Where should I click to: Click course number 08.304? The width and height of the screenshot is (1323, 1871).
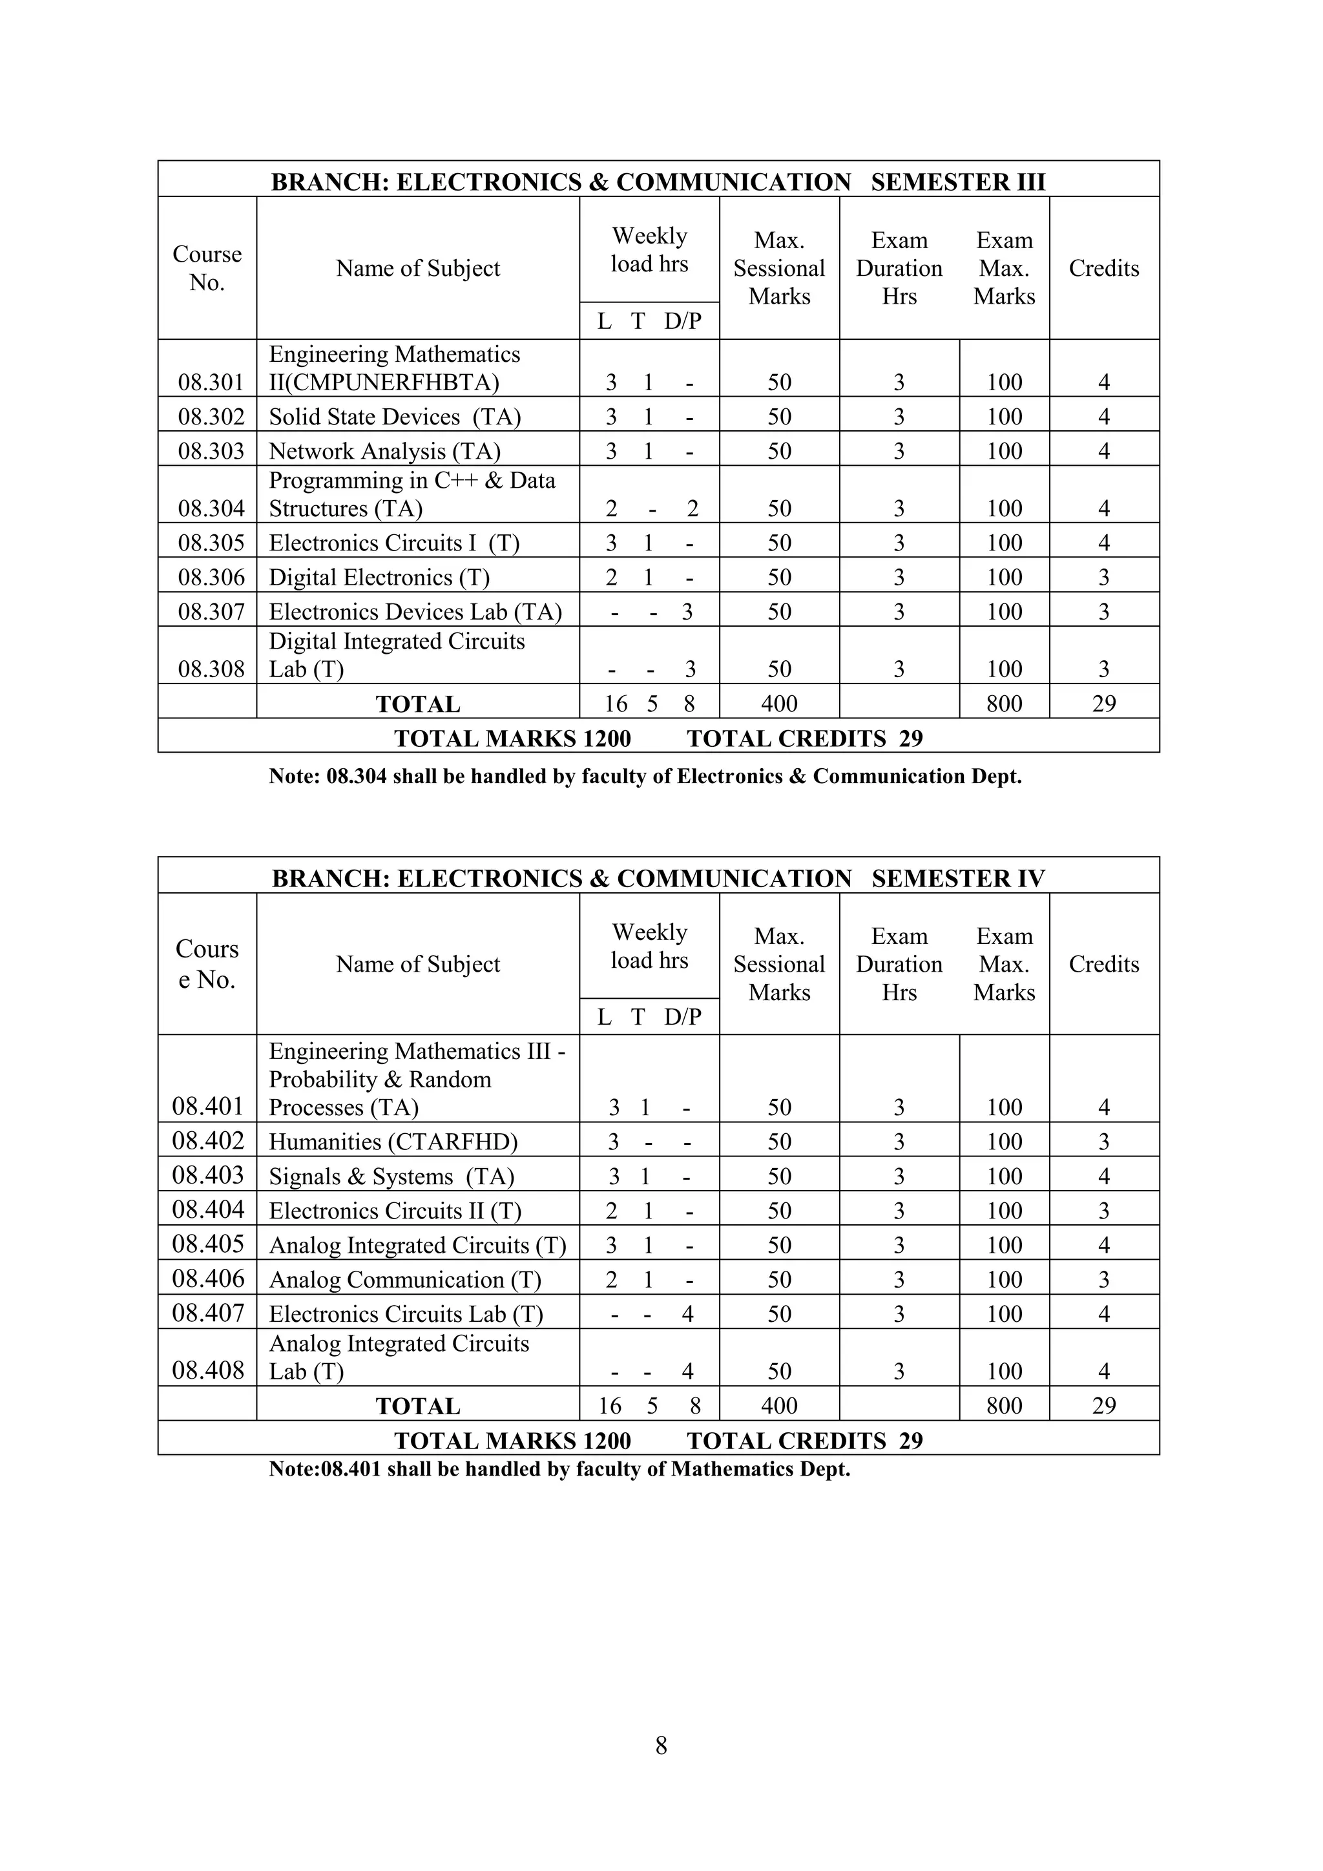(211, 508)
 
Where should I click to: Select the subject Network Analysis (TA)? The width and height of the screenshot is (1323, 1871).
(384, 451)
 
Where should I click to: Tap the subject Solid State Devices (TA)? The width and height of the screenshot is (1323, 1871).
(394, 417)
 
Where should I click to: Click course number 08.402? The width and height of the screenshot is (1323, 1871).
(208, 1140)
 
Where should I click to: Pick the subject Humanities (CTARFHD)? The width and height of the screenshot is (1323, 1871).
(393, 1142)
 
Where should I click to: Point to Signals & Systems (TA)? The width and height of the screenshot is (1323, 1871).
(391, 1176)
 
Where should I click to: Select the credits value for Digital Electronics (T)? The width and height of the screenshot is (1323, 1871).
(1103, 577)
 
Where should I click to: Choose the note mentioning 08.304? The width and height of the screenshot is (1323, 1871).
(645, 776)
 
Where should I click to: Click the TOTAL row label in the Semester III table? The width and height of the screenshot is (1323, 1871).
(418, 704)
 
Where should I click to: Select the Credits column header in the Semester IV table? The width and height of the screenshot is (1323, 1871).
(1103, 964)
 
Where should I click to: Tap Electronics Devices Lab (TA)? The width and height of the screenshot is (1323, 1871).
(415, 611)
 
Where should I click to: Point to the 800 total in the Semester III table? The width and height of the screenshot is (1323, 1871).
(1004, 704)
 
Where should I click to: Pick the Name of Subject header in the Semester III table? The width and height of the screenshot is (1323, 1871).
(418, 268)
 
